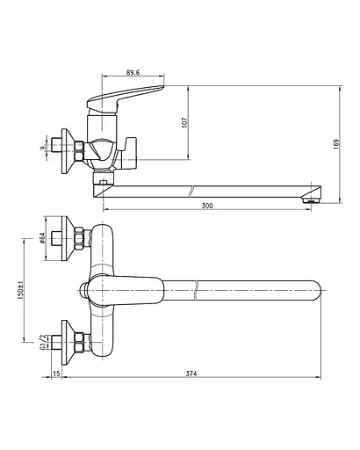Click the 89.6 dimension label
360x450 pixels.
pos(133,72)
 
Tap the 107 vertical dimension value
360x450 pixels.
pos(184,122)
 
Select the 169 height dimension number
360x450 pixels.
pos(336,144)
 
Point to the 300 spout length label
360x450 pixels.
pos(207,206)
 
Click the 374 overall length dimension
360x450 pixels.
pos(191,374)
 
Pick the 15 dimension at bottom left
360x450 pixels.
pos(57,374)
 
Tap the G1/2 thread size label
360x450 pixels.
pos(43,342)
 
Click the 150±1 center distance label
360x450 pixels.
pos(20,290)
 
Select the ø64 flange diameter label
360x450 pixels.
pos(42,238)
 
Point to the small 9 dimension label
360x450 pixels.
pos(43,148)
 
